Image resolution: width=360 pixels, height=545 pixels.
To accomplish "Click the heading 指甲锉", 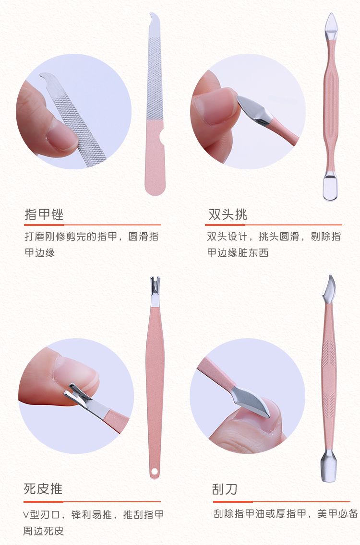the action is point(44,214).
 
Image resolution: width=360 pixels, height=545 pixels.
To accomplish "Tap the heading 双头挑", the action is point(228,214).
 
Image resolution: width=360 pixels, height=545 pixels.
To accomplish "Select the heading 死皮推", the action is point(43,489).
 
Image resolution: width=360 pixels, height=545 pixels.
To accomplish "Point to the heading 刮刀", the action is point(225,489).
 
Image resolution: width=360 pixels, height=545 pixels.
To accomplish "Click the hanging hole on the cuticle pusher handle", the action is point(154,471).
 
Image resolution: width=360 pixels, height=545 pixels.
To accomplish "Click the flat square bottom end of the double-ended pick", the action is point(330,188).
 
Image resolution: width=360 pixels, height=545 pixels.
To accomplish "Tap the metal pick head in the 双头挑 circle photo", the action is point(254,109).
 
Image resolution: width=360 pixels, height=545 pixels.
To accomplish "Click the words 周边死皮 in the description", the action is point(44,531).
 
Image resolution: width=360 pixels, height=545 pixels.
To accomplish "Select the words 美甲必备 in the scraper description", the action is point(337,513).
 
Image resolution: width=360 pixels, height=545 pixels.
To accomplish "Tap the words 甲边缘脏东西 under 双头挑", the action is point(238,253).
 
